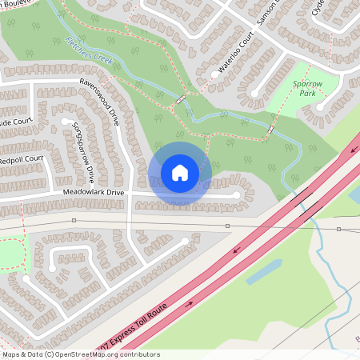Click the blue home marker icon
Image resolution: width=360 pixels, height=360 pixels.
pos(180,172)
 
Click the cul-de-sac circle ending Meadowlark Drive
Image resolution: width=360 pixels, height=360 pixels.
pos(237,195)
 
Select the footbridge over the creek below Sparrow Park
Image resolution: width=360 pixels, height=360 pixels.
pos(272,129)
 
